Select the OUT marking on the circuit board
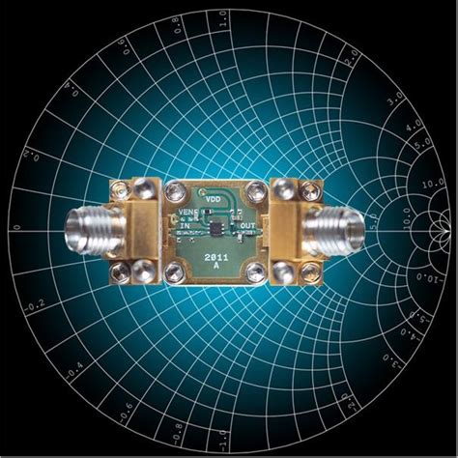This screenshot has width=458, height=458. (248, 227)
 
